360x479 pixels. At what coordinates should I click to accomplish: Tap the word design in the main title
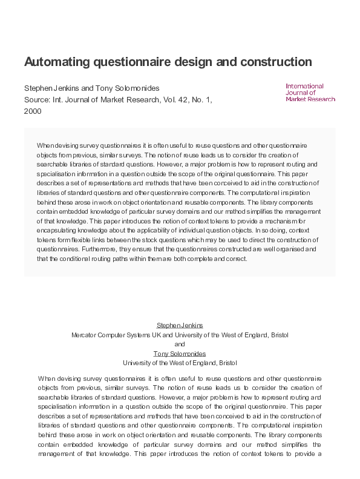tap(190, 62)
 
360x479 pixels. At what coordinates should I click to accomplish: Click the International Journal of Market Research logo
tap(310, 92)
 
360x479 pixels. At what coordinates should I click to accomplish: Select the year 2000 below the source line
tap(33, 111)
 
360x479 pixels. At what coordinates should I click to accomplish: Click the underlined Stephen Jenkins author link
tap(180, 325)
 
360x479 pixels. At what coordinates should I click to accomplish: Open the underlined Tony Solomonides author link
tap(180, 353)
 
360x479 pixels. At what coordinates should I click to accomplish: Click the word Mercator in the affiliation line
tap(85, 334)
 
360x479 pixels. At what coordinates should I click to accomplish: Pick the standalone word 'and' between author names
tap(180, 344)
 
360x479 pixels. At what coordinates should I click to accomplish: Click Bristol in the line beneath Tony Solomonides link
tap(227, 363)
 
